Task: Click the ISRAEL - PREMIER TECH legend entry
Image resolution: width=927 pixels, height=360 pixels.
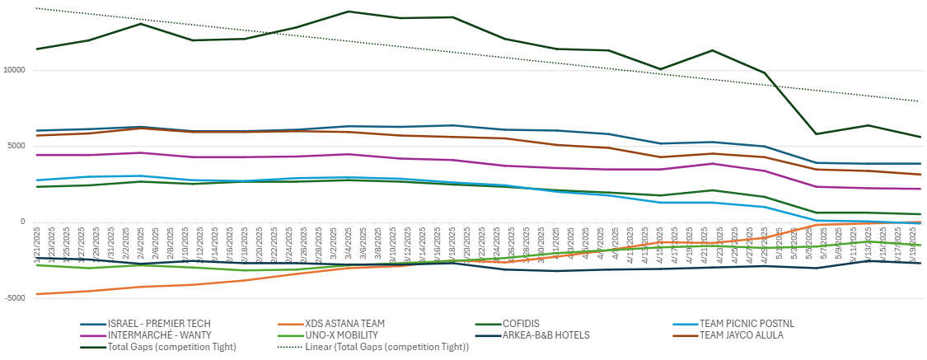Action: [157, 324]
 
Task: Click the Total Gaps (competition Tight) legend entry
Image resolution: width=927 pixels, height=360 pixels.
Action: [172, 347]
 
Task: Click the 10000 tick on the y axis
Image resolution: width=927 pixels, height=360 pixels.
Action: [15, 71]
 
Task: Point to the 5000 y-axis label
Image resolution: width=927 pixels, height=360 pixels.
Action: [17, 147]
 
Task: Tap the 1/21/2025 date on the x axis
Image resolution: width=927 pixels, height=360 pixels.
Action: [37, 244]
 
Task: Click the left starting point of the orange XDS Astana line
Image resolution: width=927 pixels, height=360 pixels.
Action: [37, 294]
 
